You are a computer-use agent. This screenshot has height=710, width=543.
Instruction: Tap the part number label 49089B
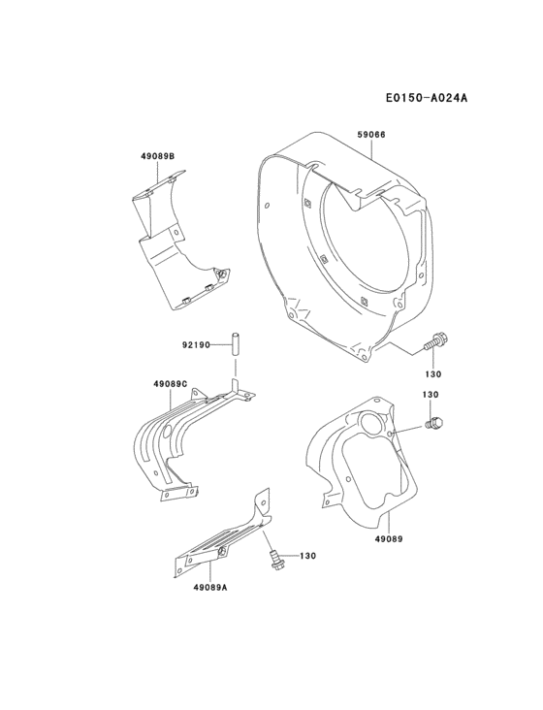click(x=157, y=155)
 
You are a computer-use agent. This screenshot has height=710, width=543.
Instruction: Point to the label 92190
click(x=197, y=342)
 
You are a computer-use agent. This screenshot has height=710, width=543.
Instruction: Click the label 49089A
click(x=208, y=587)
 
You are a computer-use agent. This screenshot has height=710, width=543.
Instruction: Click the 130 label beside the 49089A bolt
click(x=308, y=556)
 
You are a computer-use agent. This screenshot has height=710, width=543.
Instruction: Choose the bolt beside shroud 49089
click(x=433, y=422)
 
